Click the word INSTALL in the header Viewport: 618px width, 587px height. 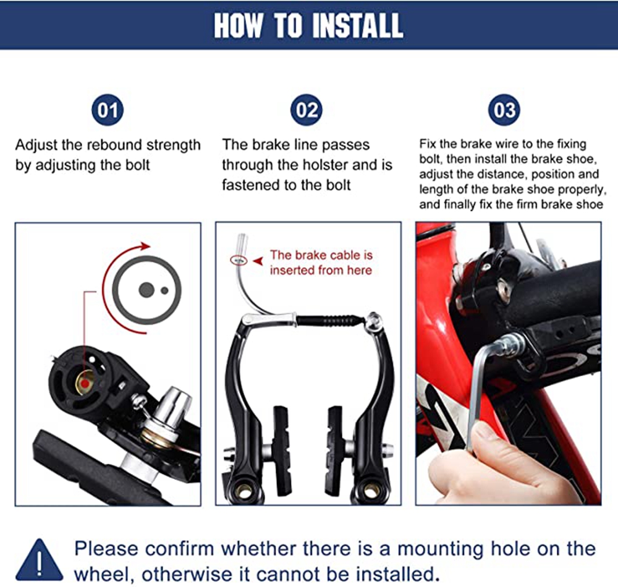(357, 26)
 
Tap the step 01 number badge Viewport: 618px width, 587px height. (108, 110)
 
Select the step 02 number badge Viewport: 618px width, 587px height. (307, 110)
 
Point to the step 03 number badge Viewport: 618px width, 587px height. (504, 110)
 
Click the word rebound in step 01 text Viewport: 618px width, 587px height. (114, 145)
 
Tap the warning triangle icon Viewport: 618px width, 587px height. (39, 560)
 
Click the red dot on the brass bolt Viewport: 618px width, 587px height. (84, 383)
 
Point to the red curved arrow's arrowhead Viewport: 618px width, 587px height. (145, 247)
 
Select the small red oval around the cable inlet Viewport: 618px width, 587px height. (239, 260)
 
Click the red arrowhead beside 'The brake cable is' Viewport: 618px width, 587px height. (258, 261)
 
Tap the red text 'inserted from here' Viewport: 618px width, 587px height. (321, 270)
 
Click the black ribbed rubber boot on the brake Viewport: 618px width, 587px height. (329, 320)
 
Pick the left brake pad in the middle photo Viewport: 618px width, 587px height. (281, 451)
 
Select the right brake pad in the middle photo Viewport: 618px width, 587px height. (335, 451)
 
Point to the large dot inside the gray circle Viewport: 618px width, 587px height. (146, 290)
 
